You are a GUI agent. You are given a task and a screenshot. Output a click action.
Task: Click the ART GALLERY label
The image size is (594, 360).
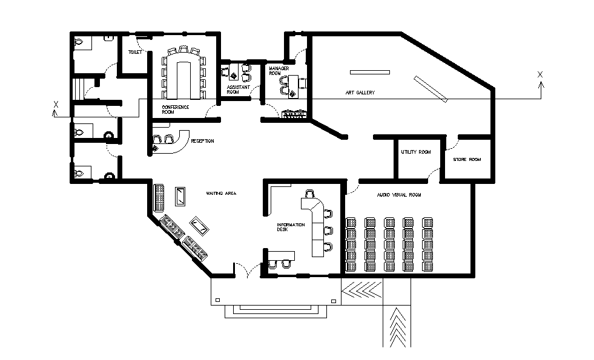361,93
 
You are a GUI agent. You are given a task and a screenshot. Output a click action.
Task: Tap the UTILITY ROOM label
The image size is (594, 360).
415,152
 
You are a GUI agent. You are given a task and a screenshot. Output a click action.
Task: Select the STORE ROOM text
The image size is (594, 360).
467,159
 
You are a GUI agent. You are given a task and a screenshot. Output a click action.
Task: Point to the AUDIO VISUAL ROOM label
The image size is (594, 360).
398,195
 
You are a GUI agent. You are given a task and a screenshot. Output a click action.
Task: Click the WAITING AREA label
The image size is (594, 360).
220,194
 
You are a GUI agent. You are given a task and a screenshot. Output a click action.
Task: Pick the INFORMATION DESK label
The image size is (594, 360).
291,227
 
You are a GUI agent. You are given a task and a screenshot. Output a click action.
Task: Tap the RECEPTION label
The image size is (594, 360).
202,141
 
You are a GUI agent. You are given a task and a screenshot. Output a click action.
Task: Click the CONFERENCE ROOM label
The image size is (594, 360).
175,110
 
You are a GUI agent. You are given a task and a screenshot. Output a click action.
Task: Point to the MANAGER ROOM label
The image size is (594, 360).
279,70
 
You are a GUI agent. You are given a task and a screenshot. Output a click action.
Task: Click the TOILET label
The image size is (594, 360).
134,53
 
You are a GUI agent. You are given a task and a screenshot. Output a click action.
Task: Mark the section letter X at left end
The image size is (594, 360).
56,105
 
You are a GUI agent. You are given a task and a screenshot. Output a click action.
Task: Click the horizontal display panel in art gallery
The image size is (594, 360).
370,73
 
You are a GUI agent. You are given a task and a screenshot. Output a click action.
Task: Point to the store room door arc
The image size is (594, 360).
452,145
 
